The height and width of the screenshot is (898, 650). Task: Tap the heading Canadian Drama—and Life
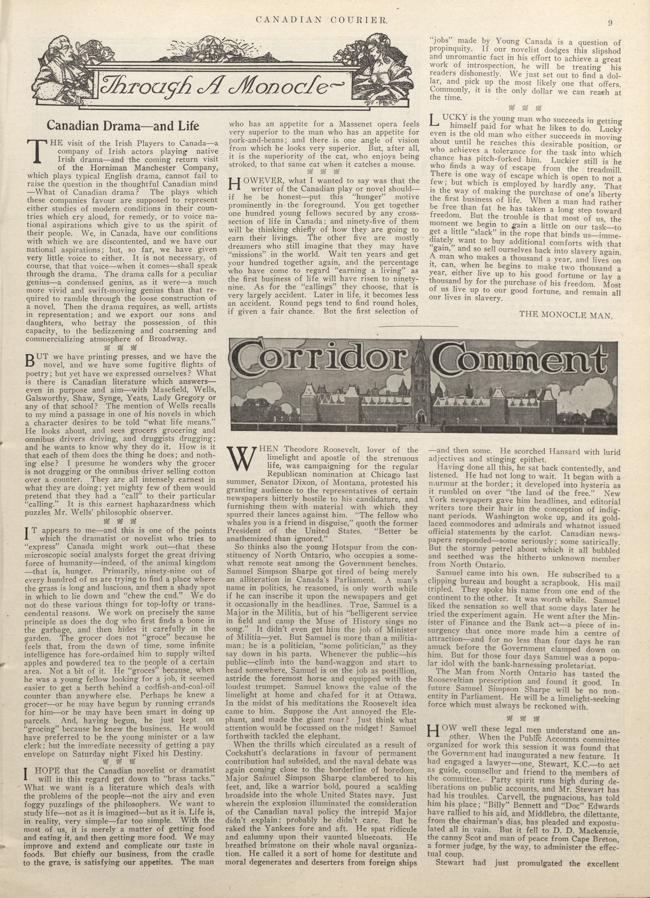[x=123, y=125]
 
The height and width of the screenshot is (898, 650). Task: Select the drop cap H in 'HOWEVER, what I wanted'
[x=235, y=184]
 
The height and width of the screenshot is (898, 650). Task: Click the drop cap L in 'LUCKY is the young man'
[x=434, y=120]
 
